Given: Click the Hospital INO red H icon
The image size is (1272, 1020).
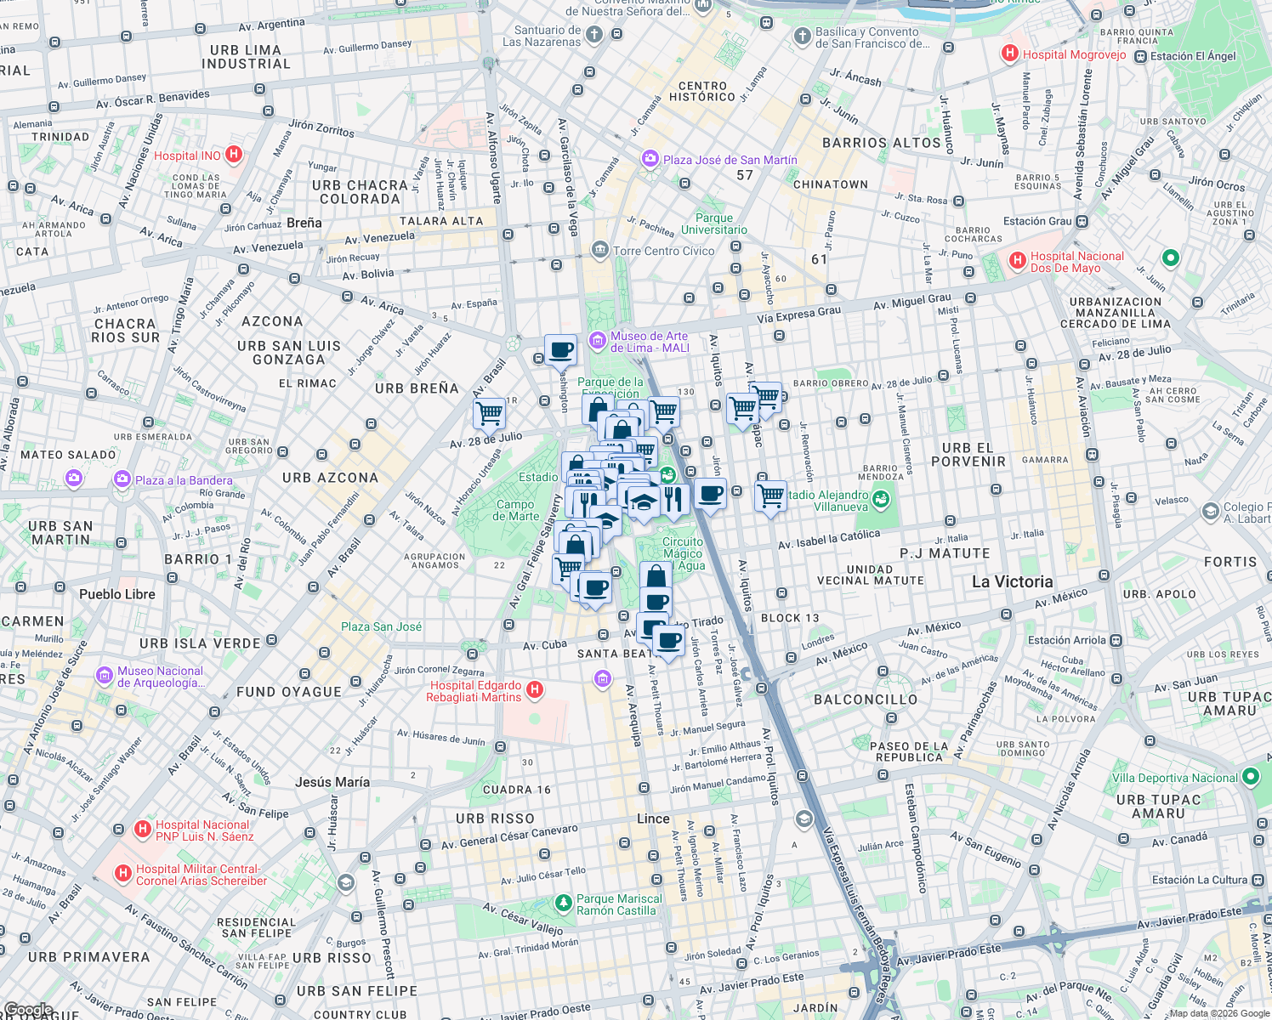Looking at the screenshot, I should [234, 155].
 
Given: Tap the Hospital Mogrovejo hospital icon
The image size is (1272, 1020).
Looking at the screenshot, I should [1010, 54].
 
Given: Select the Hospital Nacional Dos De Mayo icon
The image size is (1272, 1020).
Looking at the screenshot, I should [1017, 262].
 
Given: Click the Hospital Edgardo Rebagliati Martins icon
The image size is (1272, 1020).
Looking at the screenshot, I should [535, 690].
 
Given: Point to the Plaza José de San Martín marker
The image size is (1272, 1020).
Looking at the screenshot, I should [650, 160].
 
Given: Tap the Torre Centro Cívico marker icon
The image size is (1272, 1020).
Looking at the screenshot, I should [600, 250].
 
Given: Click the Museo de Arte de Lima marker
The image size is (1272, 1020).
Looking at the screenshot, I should [598, 341].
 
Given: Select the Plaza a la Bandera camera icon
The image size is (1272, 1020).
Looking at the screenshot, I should [122, 480].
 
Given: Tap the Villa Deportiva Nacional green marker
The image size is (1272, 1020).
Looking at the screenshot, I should [1250, 777].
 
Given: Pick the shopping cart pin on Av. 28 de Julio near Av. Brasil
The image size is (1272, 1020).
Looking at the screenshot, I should [490, 414].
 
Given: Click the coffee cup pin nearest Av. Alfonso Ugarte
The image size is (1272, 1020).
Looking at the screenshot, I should [560, 349].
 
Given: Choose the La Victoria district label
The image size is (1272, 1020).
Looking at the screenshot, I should [1012, 582].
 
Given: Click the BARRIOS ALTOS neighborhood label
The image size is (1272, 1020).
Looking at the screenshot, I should [882, 143].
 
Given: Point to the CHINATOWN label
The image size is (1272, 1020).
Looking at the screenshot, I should [830, 184].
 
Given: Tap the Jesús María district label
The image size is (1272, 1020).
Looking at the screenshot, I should [332, 782].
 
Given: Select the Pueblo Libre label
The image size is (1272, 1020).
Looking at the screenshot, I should [117, 594].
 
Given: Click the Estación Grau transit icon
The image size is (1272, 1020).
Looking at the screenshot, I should [1082, 222].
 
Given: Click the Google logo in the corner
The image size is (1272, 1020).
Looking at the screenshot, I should [28, 1010].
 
